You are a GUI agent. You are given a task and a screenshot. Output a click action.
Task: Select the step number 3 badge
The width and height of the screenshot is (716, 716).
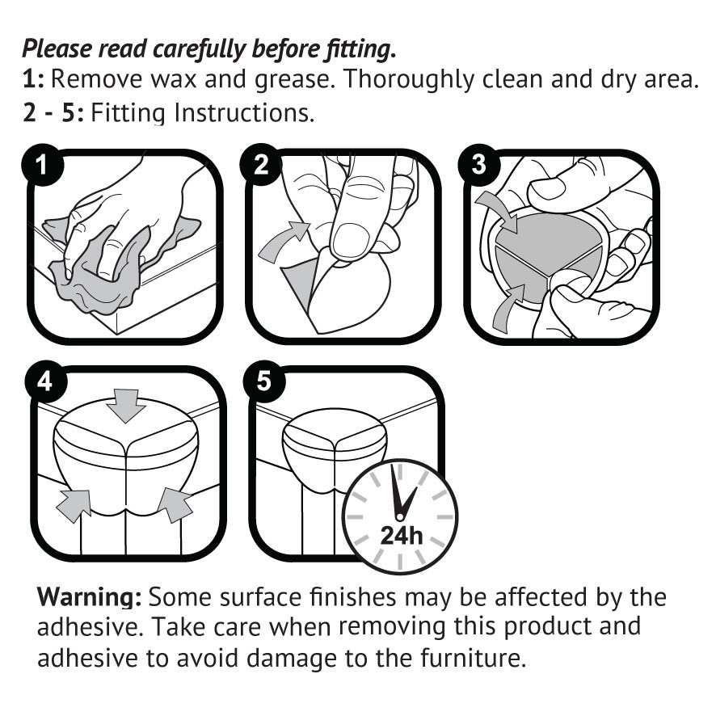click(x=478, y=165)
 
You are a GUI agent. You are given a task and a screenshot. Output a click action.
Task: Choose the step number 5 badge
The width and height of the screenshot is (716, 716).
click(x=264, y=381)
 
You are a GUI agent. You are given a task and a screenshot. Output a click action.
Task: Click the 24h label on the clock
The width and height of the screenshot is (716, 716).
click(x=402, y=535)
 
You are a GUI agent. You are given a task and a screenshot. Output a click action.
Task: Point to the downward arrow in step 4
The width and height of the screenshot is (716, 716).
click(x=126, y=403)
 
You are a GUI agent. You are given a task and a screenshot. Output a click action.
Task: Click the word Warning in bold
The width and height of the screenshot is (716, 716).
click(x=90, y=598)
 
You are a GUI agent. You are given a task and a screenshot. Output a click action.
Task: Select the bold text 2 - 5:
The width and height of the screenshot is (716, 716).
click(x=53, y=112)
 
